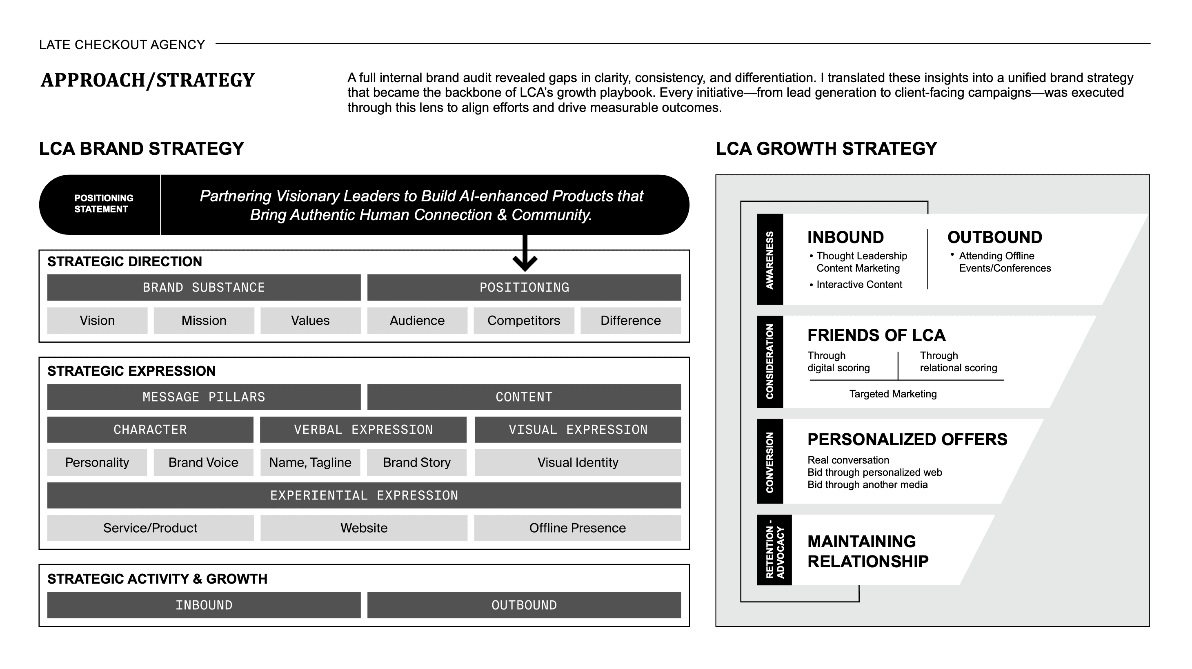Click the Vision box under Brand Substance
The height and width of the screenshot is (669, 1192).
tap(97, 320)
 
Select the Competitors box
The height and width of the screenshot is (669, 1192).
tap(524, 320)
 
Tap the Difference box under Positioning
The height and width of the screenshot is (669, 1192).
tap(630, 320)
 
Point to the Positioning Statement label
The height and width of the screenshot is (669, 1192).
tap(103, 204)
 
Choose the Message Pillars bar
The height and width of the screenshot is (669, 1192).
tap(204, 397)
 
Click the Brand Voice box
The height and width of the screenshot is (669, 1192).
tap(203, 462)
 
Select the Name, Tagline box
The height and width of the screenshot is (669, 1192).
tap(310, 462)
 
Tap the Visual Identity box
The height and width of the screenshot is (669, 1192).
tap(578, 462)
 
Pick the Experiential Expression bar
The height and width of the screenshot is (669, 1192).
tap(364, 495)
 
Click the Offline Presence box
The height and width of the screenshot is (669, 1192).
tap(578, 528)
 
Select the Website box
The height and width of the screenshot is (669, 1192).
tap(364, 528)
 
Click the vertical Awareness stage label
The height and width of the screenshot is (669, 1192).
tap(770, 260)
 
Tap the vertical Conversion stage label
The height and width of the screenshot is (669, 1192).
tap(770, 462)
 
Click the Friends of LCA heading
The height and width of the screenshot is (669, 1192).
tap(876, 335)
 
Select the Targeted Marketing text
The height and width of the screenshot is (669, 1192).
tap(893, 394)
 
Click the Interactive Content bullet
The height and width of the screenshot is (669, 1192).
tap(859, 285)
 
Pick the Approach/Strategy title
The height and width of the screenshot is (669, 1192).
tap(148, 80)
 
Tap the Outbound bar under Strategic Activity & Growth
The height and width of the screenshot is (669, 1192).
tap(524, 605)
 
